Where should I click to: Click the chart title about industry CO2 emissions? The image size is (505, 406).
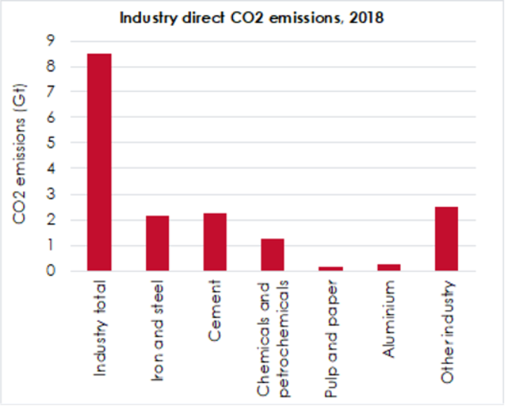click(252, 18)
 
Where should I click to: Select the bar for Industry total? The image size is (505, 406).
click(99, 162)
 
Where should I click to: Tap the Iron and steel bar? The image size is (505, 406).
click(157, 243)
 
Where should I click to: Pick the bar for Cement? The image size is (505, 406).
click(215, 241)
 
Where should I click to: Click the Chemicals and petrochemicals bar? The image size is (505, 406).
click(273, 255)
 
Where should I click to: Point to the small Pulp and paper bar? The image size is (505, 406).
click(330, 268)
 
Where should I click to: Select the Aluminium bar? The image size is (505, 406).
click(388, 266)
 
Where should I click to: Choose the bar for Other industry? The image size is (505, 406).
click(446, 238)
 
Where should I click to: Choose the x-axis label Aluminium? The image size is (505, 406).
click(389, 319)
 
